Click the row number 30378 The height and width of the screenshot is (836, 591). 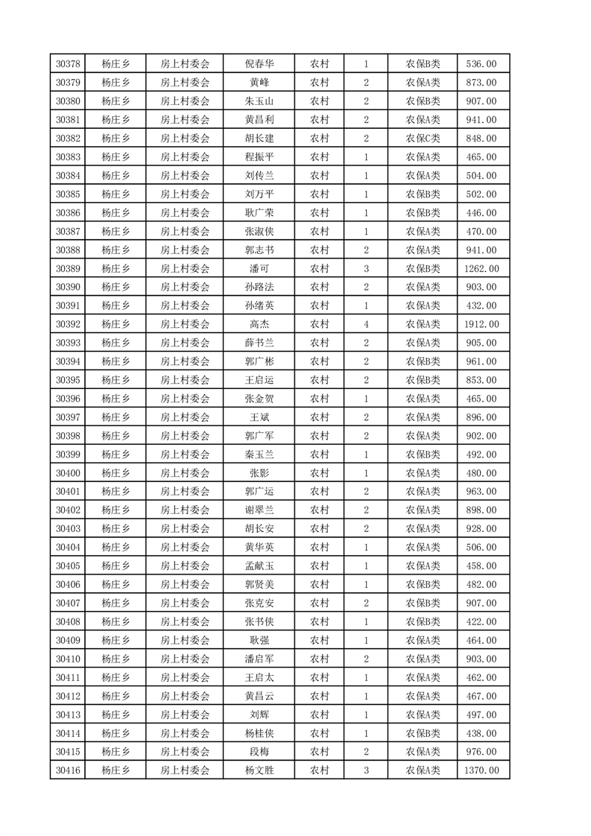tap(68, 64)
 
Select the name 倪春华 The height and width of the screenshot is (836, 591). tap(259, 64)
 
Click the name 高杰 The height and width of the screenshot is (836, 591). tap(259, 324)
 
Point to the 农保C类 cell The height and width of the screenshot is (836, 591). tap(423, 139)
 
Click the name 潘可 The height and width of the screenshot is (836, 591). tap(259, 268)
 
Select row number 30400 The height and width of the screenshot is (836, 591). tap(68, 473)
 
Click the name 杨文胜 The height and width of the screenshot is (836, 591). tap(259, 770)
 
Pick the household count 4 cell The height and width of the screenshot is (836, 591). tap(366, 324)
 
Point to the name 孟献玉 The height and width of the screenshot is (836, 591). tap(259, 566)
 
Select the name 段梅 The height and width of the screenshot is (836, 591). tap(259, 752)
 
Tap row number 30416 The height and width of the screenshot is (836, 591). tap(68, 770)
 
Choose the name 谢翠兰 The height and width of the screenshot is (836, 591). tap(259, 510)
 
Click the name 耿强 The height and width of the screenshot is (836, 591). tap(259, 640)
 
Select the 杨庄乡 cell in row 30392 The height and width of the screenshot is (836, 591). tap(116, 324)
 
